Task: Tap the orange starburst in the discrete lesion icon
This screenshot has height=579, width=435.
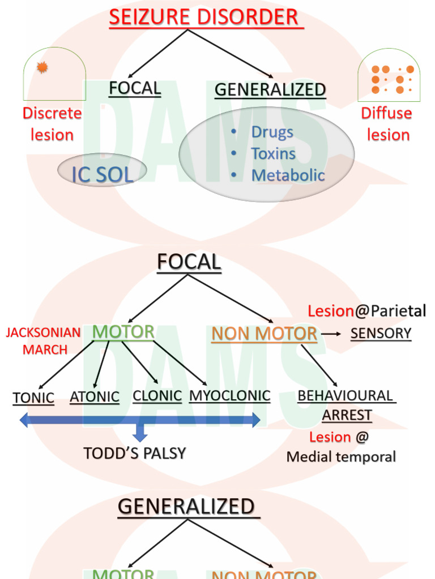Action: (42, 68)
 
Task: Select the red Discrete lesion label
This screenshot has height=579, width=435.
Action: (52, 124)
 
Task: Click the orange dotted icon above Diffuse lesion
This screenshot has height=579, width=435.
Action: (389, 79)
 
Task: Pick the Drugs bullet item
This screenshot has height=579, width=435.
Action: (272, 132)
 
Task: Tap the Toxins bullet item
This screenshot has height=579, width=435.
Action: (273, 154)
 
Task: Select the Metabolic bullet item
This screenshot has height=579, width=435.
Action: (288, 175)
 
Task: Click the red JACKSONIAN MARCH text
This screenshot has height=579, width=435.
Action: (44, 341)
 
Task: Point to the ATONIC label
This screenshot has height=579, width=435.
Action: (95, 397)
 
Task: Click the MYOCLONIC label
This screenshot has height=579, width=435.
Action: (229, 396)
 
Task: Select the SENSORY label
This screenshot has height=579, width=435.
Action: (381, 334)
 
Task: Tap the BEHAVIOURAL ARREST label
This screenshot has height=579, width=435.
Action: (346, 405)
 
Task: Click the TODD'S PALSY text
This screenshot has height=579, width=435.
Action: (135, 453)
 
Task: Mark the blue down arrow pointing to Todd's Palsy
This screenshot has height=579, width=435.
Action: (140, 433)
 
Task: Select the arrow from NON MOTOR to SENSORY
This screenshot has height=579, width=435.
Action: (331, 334)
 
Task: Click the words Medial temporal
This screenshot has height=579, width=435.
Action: (341, 457)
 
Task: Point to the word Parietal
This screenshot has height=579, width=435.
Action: (398, 311)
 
